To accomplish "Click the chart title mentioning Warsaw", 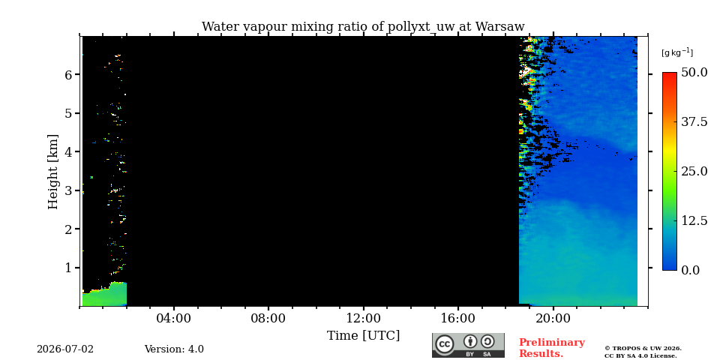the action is pyautogui.click(x=363, y=27).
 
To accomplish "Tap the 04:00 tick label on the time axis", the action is pyautogui.click(x=173, y=318).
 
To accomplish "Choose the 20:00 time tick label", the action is pyautogui.click(x=553, y=318).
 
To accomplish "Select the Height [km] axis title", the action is pyautogui.click(x=53, y=172).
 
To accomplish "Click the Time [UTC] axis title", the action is pyautogui.click(x=363, y=336).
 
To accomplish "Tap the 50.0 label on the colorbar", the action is pyautogui.click(x=694, y=73).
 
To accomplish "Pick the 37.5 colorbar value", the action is pyautogui.click(x=694, y=122).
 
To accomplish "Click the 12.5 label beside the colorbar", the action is pyautogui.click(x=694, y=220).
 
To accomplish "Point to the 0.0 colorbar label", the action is pyautogui.click(x=690, y=270).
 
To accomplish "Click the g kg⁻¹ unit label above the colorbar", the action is pyautogui.click(x=676, y=52).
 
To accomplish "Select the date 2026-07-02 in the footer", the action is pyautogui.click(x=65, y=349).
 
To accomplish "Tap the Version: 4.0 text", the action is pyautogui.click(x=174, y=349).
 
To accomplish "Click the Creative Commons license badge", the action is pyautogui.click(x=468, y=345).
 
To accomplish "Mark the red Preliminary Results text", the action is pyautogui.click(x=552, y=348).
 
